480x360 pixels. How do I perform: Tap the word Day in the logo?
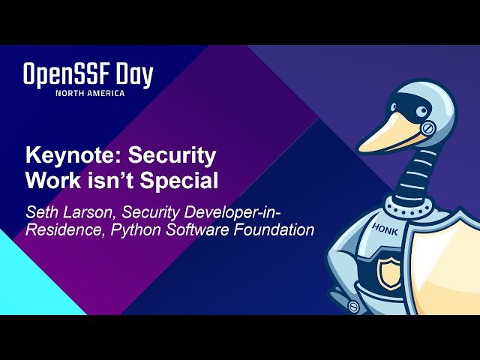136,75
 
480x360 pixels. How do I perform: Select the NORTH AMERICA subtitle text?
90,93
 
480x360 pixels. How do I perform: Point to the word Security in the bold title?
172,156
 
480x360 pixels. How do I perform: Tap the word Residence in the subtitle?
63,230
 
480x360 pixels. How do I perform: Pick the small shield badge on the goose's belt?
389,272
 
